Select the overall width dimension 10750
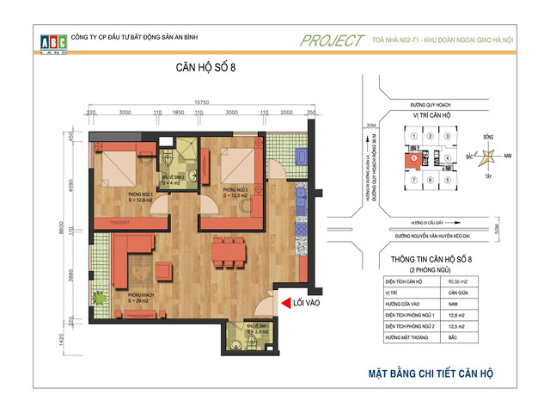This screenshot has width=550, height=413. point(202,103)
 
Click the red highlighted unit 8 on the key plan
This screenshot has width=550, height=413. point(415,158)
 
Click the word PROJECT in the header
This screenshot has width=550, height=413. point(332,40)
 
